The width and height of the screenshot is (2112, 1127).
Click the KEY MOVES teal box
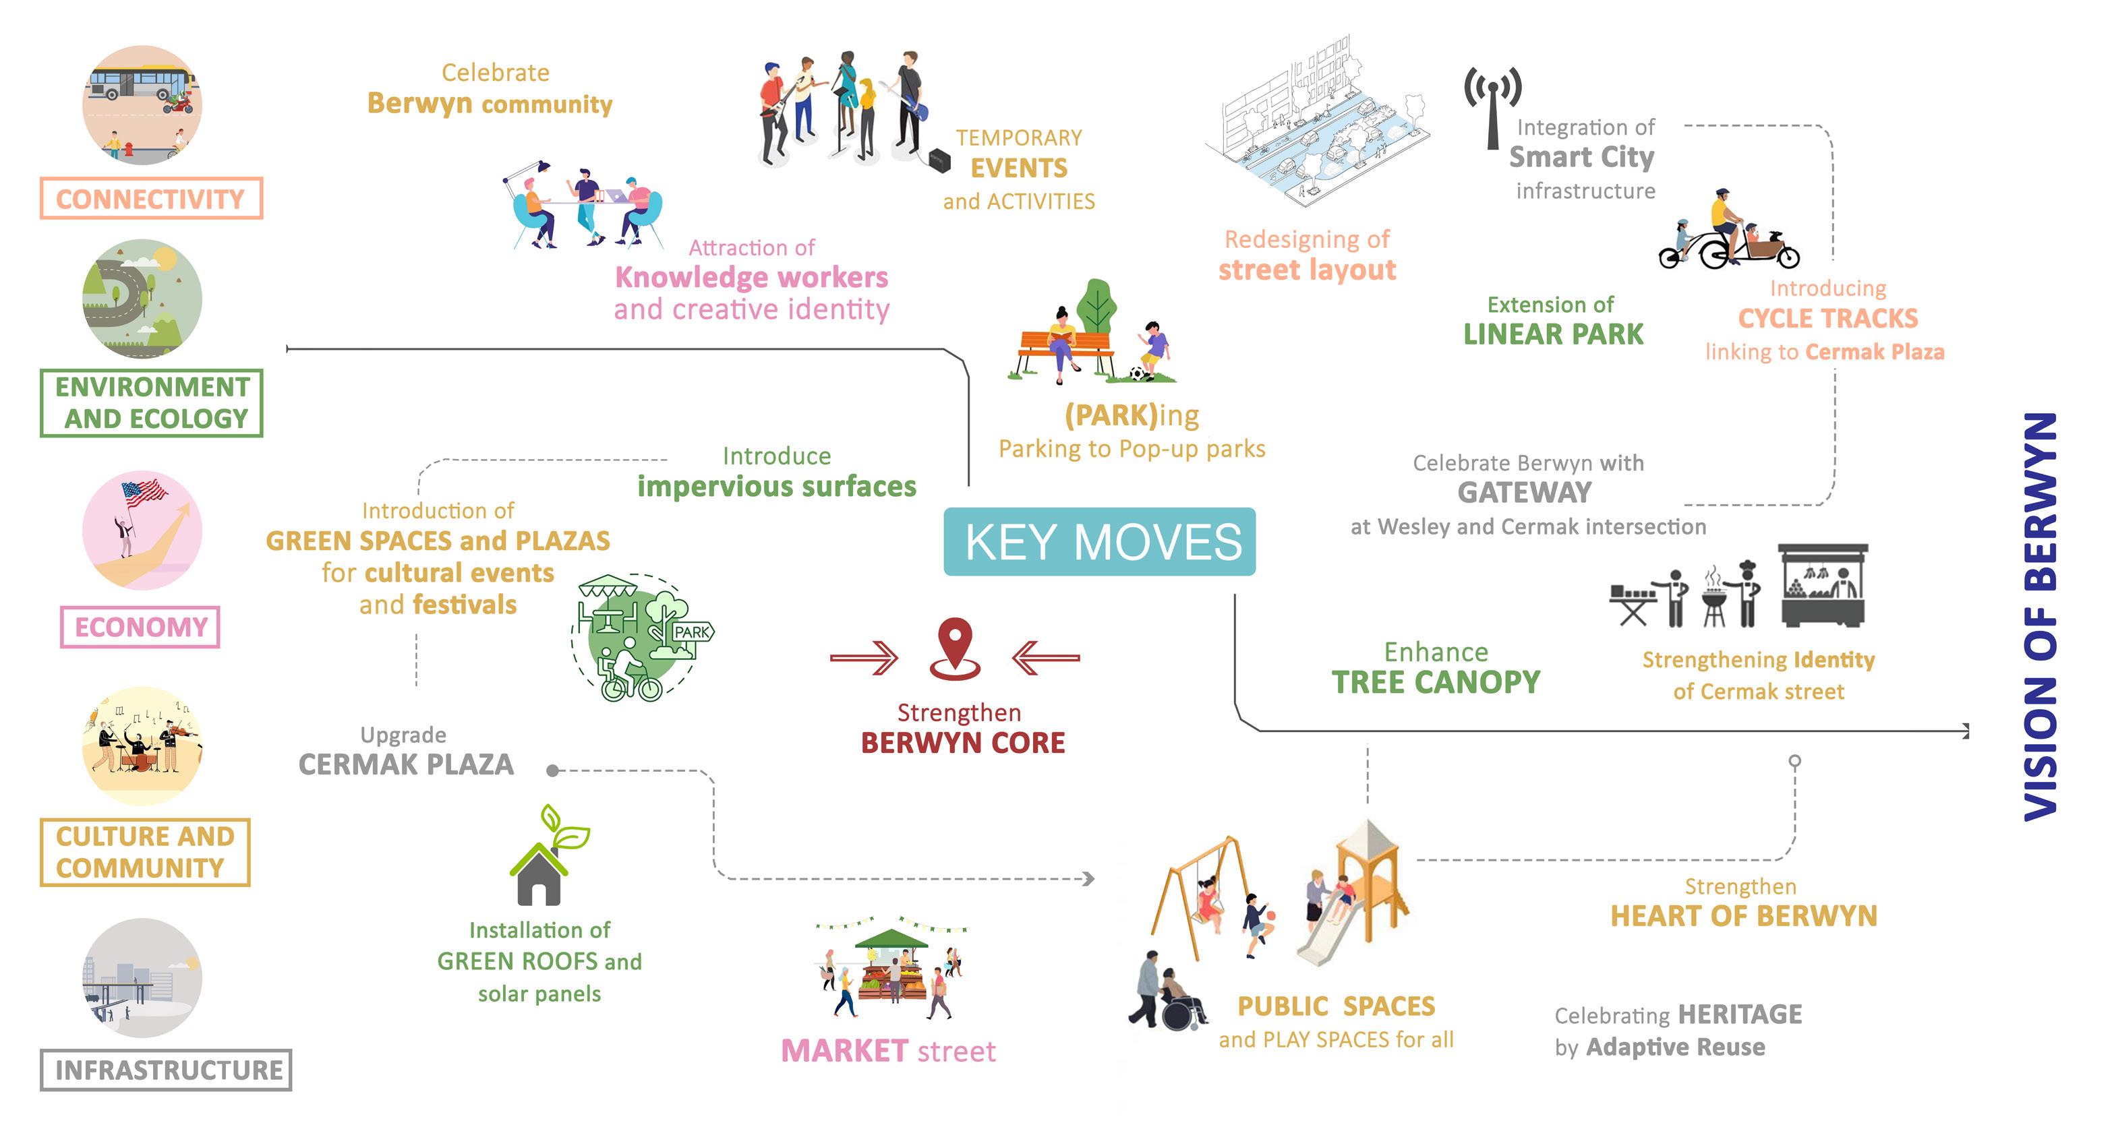[x=1098, y=542]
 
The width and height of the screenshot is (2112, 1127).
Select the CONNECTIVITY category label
[x=151, y=198]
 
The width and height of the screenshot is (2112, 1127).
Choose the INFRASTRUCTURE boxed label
[x=167, y=1070]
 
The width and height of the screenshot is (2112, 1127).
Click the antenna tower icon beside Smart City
[x=1493, y=106]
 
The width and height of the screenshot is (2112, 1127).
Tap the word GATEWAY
[x=1524, y=493]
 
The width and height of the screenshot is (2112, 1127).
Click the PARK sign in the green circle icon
[x=691, y=632]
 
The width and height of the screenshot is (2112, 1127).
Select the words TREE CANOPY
[x=1436, y=682]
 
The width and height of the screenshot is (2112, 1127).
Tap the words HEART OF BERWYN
[x=1743, y=915]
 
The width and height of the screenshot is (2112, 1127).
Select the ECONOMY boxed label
[x=140, y=627]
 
